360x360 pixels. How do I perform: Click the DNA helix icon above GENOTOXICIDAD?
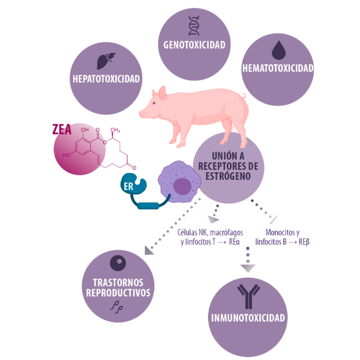[194, 26]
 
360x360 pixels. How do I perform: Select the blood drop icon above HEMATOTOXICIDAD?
[279, 50]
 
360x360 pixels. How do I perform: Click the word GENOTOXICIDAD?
[194, 45]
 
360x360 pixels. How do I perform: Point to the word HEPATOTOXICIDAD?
[106, 79]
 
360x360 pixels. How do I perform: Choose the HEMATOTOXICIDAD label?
[278, 68]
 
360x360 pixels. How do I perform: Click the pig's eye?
[154, 103]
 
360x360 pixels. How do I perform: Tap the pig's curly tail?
[243, 96]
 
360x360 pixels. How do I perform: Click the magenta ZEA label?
[62, 130]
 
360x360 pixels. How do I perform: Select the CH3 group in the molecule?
[115, 130]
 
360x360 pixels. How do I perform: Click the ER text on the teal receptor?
[129, 187]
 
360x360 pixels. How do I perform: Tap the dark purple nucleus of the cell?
[182, 186]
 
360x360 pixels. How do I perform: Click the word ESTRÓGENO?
[228, 176]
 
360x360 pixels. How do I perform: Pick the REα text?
[234, 242]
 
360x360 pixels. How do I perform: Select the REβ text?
[304, 242]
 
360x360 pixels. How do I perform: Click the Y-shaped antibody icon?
[248, 296]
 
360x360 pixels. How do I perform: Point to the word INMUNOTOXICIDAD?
[248, 318]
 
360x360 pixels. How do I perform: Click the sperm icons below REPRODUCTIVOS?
[116, 307]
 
